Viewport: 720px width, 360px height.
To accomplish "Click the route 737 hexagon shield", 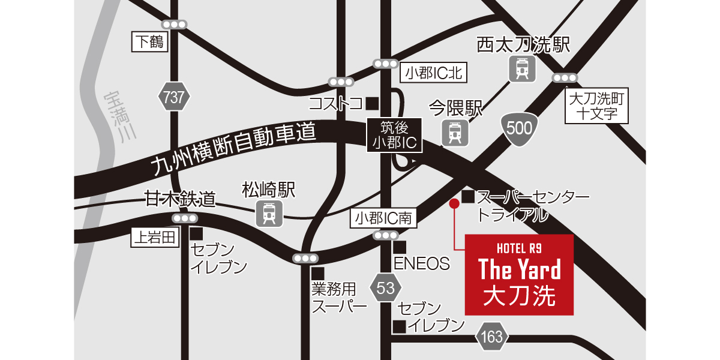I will [174, 98].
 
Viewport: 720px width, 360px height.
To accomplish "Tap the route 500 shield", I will [518, 127].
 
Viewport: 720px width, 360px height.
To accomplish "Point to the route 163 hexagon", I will [491, 337].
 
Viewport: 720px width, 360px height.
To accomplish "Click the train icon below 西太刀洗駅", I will [521, 69].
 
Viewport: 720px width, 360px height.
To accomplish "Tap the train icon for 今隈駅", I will [455, 133].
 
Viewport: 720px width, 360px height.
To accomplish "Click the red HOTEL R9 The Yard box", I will [519, 275].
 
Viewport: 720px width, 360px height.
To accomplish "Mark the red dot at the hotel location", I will [454, 204].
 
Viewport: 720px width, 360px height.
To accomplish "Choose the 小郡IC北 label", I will [432, 73].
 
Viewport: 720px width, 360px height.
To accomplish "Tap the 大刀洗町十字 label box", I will [598, 106].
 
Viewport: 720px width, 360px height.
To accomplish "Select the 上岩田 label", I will [155, 238].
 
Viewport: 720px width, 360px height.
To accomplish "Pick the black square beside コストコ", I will [372, 103].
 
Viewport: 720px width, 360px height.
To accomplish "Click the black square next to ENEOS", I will [400, 247].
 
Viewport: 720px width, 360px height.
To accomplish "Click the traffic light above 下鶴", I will [175, 25].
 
